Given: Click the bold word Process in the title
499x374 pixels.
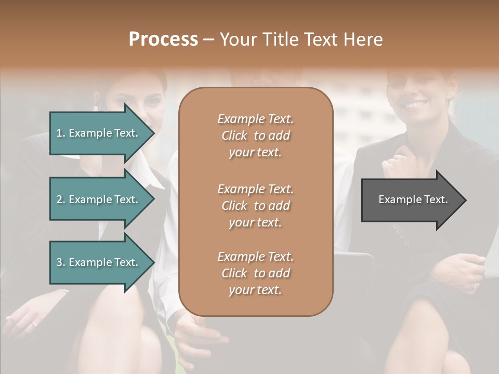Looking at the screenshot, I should [163, 39].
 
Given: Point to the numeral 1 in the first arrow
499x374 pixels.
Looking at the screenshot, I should [59, 133].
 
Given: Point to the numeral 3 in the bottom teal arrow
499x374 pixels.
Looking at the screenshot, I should [59, 262].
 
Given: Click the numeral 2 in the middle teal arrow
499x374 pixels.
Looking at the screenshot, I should [59, 199].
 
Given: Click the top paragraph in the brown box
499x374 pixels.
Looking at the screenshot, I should [255, 136].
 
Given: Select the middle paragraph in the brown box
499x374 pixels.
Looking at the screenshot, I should [255, 206].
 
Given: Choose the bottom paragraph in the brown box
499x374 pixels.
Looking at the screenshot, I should [255, 273].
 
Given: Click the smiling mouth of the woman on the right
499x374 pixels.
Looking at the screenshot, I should [415, 105].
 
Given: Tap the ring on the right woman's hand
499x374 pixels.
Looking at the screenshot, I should [475, 286].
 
